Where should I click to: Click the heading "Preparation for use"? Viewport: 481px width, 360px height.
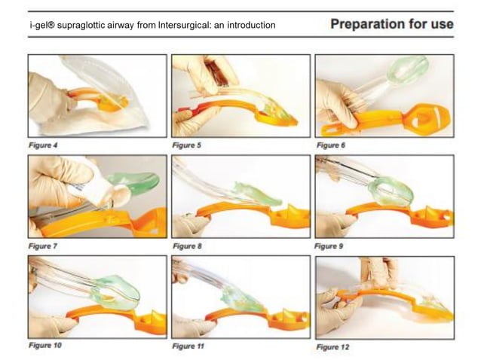[x=392, y=24]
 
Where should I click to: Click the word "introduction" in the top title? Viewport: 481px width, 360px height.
[x=250, y=26]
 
